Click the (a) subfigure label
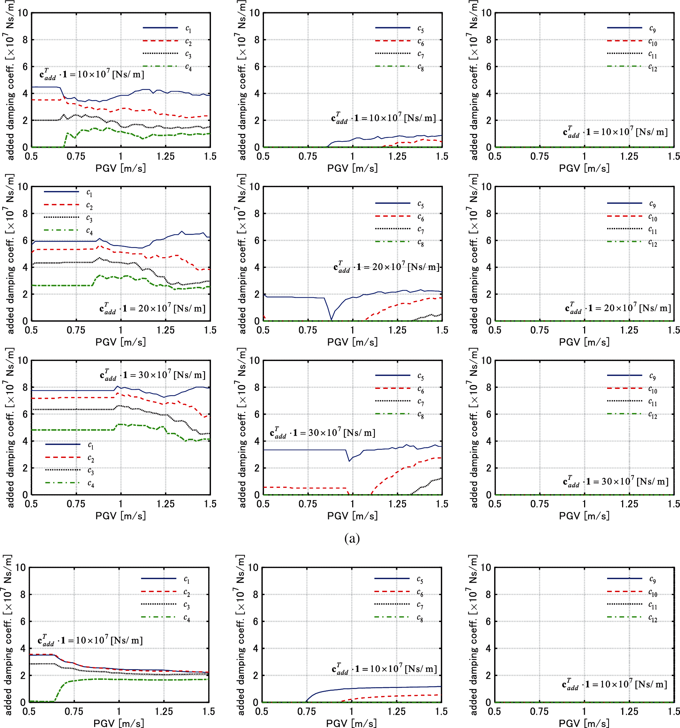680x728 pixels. coord(352,538)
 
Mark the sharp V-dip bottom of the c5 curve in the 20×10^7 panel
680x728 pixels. coord(331,320)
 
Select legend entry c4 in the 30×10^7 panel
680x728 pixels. coord(91,484)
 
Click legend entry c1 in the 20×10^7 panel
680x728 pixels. coord(89,193)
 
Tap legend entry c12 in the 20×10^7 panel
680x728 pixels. coord(652,243)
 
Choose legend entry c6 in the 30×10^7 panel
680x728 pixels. coord(421,390)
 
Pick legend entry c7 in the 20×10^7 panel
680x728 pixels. coord(421,230)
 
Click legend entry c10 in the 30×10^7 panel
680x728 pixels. coord(652,390)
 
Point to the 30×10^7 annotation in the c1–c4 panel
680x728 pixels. coord(152,375)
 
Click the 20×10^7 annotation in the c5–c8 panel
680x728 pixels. coord(386,267)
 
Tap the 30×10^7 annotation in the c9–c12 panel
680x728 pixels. coord(615,482)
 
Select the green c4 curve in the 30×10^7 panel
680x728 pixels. coord(73,430)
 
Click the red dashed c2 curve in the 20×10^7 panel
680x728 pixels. coord(66,250)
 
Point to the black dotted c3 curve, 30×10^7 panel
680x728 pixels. coord(73,409)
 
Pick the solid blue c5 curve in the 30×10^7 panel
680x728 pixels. coord(304,450)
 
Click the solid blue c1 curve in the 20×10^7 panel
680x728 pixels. coord(66,241)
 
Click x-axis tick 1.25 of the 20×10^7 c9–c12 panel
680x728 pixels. coord(629,330)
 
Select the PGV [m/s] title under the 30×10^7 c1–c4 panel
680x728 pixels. coord(121,516)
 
